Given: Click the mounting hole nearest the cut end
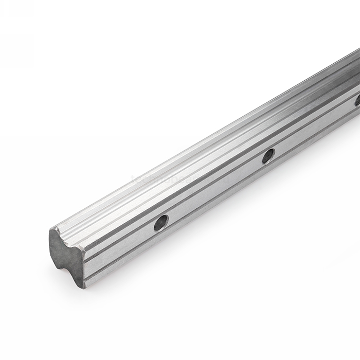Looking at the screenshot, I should [161, 223].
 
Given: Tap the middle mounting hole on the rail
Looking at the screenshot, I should [268, 155].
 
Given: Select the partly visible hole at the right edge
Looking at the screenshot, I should [357, 100].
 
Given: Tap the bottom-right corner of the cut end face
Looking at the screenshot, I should [83, 286].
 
